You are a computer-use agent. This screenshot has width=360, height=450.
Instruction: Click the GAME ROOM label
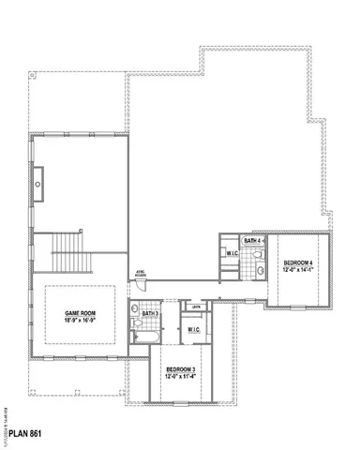coord(79,312)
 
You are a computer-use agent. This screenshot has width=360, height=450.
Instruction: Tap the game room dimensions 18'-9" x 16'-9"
coord(79,320)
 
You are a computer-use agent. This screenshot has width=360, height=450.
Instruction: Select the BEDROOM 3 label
coord(180,371)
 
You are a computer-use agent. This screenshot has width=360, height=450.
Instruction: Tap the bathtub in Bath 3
coord(146,333)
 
